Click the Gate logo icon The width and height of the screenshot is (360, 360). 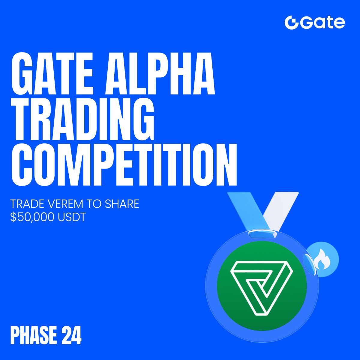click(291, 23)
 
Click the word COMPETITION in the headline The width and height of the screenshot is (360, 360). click(124, 165)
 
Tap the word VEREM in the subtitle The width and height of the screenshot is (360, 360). click(64, 204)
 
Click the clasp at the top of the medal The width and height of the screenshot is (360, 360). click(262, 234)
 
